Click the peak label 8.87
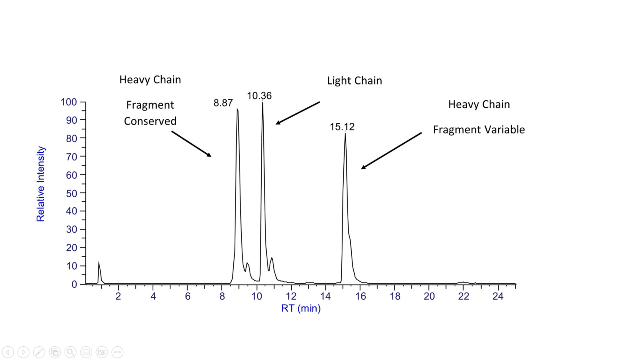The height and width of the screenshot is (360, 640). (x=223, y=103)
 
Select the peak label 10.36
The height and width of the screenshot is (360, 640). (x=259, y=96)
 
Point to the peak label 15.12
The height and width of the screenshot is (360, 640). (x=342, y=127)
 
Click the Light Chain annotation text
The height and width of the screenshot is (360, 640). (x=354, y=80)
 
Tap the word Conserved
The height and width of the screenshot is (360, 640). (x=150, y=121)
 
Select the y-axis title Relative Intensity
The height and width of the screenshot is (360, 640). (x=40, y=184)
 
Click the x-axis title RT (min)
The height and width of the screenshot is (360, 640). (x=300, y=308)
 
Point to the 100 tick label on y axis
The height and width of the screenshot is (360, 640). (x=69, y=102)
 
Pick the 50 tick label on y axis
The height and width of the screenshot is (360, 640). (x=71, y=193)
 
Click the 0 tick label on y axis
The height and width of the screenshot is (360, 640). (x=74, y=284)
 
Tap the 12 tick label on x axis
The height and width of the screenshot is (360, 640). (x=291, y=296)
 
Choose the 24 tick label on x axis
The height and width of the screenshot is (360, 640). (x=498, y=296)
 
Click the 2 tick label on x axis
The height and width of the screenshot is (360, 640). (x=118, y=296)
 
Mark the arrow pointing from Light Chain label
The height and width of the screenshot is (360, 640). (x=297, y=113)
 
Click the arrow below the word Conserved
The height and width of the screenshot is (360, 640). (x=191, y=144)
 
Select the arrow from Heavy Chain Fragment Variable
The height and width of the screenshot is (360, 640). (x=391, y=150)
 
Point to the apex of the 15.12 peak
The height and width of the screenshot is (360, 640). (x=345, y=134)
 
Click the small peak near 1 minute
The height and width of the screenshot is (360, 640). (x=99, y=263)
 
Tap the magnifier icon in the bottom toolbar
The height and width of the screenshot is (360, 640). (x=70, y=352)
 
